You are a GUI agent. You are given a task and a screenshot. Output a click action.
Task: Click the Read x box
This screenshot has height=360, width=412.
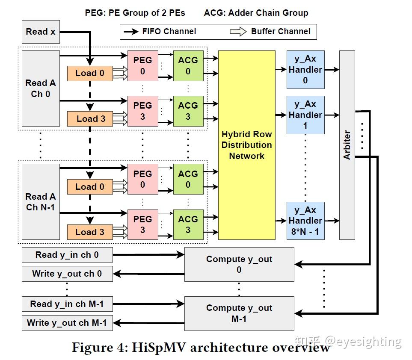click(x=40, y=31)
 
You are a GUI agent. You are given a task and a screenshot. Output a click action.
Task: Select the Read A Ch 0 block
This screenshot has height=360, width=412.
click(x=40, y=88)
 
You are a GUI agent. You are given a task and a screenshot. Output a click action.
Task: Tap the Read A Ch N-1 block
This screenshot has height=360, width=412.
click(x=40, y=201)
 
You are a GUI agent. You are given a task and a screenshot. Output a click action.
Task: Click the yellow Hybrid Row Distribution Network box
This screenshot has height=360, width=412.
click(x=246, y=145)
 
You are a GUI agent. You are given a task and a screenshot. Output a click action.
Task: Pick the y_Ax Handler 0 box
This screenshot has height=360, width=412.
click(x=305, y=69)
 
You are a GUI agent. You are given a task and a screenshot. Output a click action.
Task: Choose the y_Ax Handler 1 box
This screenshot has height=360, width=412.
click(x=305, y=115)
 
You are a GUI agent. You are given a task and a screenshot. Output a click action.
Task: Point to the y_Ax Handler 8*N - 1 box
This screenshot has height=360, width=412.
click(x=305, y=221)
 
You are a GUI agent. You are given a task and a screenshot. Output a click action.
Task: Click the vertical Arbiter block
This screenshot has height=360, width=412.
click(x=347, y=145)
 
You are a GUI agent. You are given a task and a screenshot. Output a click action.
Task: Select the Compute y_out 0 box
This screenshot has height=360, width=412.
click(x=239, y=264)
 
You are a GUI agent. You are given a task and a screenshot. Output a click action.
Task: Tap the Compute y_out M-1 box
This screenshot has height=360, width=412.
click(x=239, y=313)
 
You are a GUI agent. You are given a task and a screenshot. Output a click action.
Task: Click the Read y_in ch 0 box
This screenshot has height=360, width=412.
click(x=67, y=255)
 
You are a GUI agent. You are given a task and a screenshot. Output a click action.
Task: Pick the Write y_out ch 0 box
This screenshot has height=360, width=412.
click(x=67, y=274)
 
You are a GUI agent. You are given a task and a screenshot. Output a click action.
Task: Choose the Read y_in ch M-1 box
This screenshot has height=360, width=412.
click(x=67, y=304)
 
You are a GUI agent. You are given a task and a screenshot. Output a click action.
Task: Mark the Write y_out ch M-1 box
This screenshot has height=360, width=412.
click(x=67, y=323)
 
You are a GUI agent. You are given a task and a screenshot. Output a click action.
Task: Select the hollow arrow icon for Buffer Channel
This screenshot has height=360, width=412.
click(x=238, y=31)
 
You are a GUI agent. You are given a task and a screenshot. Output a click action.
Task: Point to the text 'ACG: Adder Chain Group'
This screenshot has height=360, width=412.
click(x=256, y=13)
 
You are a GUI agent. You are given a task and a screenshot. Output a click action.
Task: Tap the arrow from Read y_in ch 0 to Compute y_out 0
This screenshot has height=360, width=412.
click(x=148, y=255)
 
